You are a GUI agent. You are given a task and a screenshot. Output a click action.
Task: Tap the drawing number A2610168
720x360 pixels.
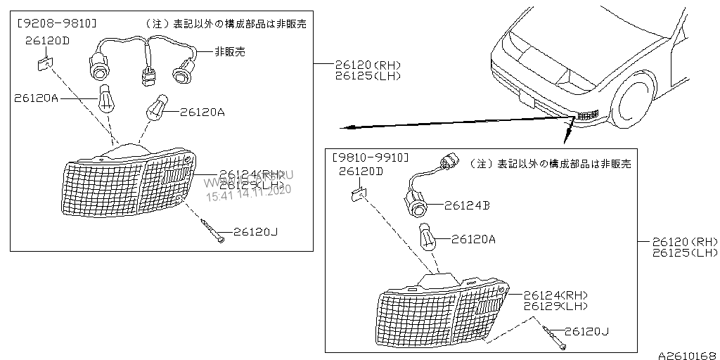point(687,355)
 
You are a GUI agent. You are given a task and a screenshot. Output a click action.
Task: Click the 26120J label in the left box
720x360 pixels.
point(256,231)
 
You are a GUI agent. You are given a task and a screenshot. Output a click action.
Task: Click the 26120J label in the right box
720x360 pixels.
point(587,330)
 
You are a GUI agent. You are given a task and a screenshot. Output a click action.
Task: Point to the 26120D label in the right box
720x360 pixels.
point(361,171)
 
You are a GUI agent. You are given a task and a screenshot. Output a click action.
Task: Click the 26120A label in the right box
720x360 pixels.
point(473,239)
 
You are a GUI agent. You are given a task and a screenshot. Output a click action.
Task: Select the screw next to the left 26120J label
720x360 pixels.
point(212,231)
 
